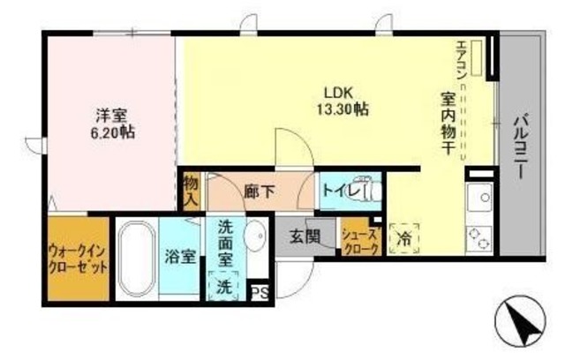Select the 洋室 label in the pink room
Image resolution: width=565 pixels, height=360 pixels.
[112, 115]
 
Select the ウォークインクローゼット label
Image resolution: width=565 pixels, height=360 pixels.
[79, 259]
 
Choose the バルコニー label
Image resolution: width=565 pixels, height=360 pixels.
[520, 145]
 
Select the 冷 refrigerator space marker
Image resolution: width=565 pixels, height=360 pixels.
[405, 236]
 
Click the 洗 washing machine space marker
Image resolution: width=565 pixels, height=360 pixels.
[223, 286]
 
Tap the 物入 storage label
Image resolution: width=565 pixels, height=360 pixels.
[191, 190]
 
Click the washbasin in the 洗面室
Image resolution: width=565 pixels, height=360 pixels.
[255, 236]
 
